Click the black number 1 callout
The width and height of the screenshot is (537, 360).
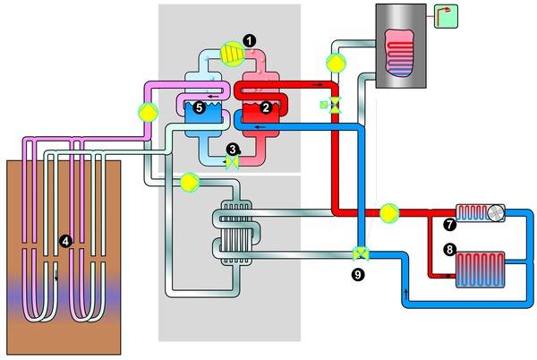coord(249,40)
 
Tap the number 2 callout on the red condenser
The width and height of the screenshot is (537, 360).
coord(265,107)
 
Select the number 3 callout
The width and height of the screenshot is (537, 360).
coord(232,150)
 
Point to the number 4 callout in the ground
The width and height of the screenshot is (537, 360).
coord(63,240)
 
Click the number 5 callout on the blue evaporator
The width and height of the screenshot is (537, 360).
coord(200,107)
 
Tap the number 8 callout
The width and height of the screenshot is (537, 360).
coord(449,250)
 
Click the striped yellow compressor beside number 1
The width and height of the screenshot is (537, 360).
coord(231,53)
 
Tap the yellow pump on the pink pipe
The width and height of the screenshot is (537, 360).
coord(146,113)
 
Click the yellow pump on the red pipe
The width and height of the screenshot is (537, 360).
coord(389,212)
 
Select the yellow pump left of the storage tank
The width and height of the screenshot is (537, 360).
coord(335,62)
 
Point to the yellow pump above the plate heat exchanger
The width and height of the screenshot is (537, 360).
coord(190,183)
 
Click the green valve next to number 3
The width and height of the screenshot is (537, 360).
coord(231,163)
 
